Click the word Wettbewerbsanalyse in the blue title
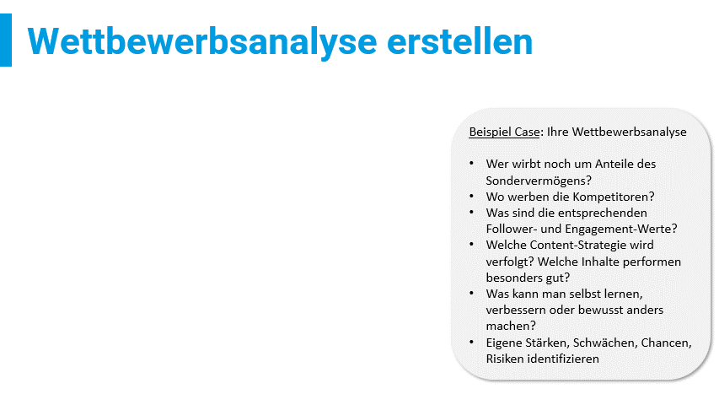tap(202, 41)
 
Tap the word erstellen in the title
tap(459, 41)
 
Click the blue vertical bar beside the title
tap(6, 40)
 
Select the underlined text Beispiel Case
tap(504, 132)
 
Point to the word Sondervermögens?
tap(539, 181)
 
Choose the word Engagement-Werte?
tap(621, 229)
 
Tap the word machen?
tap(511, 326)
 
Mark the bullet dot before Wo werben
tap(472, 196)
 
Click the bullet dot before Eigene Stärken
tap(472, 342)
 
